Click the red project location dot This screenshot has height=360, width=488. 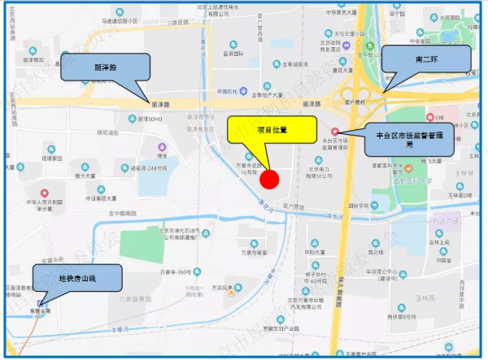269,178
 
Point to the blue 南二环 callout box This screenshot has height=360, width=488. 429,59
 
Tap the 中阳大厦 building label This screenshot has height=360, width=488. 314,252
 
